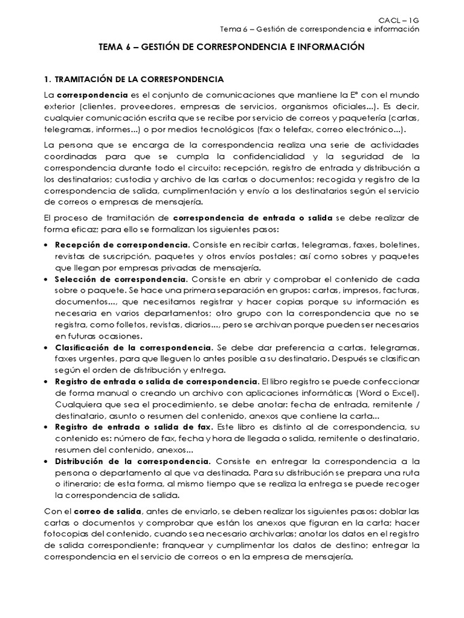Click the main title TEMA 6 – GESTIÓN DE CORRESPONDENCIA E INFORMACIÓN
[232, 46]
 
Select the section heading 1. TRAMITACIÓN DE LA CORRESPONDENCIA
[135, 80]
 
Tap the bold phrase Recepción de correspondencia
[123, 246]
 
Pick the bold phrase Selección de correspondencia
[121, 280]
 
